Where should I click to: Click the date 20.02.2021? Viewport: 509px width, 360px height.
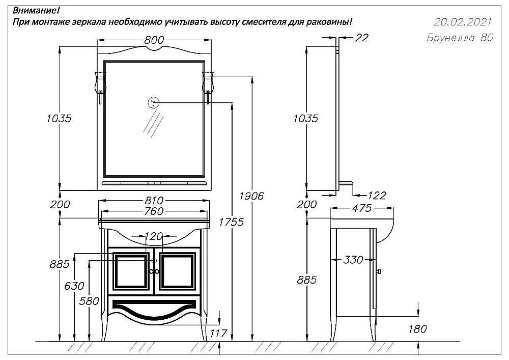(x=462, y=22)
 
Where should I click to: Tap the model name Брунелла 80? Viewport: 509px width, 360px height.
(x=459, y=39)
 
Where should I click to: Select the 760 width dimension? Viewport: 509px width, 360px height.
(x=155, y=211)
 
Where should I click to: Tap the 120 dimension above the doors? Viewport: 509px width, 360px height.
(x=154, y=236)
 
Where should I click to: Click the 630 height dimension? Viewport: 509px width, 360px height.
(x=74, y=286)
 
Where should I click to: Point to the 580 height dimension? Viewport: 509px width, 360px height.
(x=89, y=301)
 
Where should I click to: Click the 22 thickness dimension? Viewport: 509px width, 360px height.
(x=362, y=38)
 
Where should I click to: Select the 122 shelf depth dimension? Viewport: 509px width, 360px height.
(x=376, y=195)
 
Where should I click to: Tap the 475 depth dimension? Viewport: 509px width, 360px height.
(x=361, y=208)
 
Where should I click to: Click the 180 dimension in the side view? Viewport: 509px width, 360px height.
(x=417, y=329)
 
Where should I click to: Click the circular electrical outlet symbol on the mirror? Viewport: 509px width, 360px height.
(x=153, y=102)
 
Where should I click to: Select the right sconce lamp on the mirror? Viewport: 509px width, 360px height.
(x=209, y=84)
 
